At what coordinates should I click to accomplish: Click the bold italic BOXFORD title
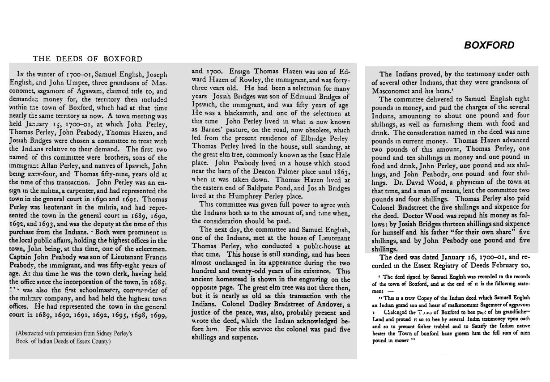489,45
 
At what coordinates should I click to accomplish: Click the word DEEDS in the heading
69,59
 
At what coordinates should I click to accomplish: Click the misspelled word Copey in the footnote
429,298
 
